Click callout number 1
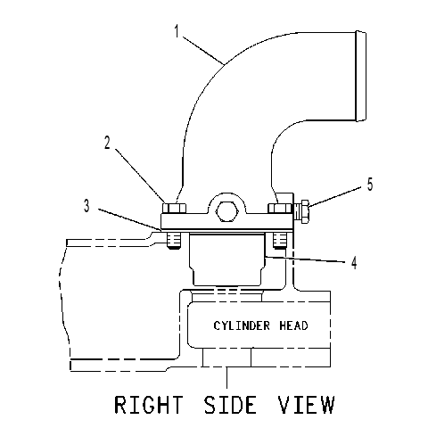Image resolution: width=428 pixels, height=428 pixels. click(x=177, y=31)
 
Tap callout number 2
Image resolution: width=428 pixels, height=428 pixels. click(x=107, y=143)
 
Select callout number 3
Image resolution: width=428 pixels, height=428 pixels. click(x=86, y=206)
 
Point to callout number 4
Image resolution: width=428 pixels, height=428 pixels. click(x=354, y=263)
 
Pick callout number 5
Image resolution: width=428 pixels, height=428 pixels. click(x=370, y=185)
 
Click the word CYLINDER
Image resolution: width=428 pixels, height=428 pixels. click(x=242, y=325)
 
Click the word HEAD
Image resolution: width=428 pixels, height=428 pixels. click(x=293, y=325)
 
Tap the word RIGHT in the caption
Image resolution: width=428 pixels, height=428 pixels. click(x=148, y=405)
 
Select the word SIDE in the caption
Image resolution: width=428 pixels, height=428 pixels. click(x=230, y=405)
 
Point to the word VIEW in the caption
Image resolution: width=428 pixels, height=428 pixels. click(x=306, y=405)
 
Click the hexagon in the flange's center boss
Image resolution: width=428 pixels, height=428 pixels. click(x=227, y=211)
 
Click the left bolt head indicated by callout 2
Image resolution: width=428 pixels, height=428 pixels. click(x=174, y=208)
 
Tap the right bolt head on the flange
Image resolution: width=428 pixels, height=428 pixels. click(x=280, y=208)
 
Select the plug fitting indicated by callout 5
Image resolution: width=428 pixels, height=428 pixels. click(x=301, y=211)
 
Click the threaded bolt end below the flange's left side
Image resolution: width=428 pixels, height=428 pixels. click(x=174, y=241)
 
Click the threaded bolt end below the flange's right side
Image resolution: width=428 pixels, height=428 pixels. click(x=280, y=241)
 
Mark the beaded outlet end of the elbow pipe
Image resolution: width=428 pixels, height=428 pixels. click(x=361, y=76)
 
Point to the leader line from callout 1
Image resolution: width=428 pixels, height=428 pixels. click(x=203, y=50)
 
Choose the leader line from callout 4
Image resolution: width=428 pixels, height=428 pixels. click(x=305, y=259)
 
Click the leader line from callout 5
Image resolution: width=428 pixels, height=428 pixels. click(x=335, y=196)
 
